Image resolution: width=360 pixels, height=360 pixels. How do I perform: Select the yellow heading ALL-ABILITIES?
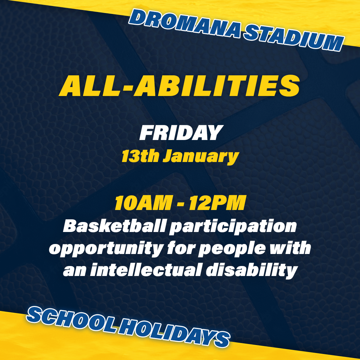click(179, 86)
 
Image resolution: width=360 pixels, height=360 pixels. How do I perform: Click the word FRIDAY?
click(181, 132)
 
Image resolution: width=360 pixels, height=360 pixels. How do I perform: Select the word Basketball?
click(114, 226)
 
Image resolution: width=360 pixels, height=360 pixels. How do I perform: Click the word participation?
click(233, 227)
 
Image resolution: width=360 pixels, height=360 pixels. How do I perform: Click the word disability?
click(252, 271)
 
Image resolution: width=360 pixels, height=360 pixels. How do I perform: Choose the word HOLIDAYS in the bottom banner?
click(174, 333)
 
